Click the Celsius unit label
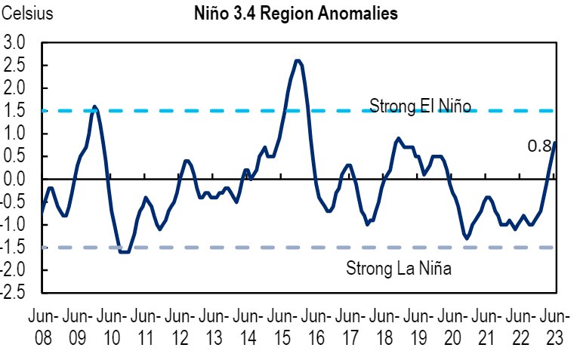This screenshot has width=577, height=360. point(28,14)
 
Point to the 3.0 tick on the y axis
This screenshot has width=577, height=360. point(14,42)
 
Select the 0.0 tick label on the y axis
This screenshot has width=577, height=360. point(14,179)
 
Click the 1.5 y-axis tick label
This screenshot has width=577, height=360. point(14,111)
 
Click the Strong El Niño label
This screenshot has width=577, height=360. point(420,106)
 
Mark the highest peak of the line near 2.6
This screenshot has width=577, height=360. point(298,61)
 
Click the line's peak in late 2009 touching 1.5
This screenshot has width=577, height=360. point(94,106)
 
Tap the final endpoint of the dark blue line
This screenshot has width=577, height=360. point(555,143)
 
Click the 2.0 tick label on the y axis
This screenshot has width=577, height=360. point(14,88)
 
